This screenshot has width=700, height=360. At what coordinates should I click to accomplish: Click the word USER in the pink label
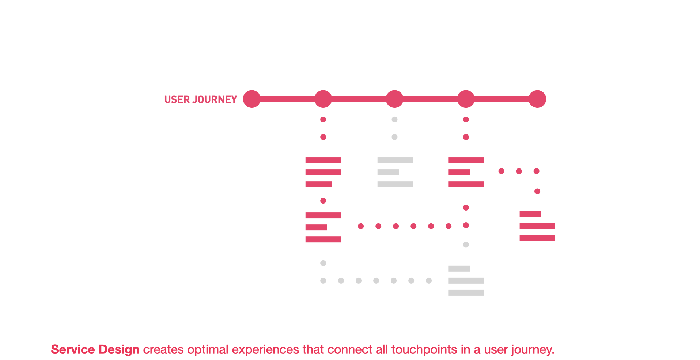tap(177, 99)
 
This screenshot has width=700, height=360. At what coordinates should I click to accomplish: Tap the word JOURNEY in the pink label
tap(215, 99)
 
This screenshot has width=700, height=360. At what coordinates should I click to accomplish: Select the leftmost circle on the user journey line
tap(252, 99)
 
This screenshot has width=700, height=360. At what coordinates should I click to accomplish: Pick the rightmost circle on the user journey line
tap(537, 99)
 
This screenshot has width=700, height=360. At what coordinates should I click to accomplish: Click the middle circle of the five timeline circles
tap(394, 99)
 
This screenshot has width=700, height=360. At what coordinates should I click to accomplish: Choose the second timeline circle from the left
tap(323, 99)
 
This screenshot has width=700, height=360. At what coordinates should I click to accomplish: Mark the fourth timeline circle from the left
tap(466, 99)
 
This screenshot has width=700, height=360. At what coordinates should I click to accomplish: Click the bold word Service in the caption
tap(73, 349)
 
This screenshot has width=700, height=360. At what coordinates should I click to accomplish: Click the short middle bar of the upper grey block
tap(388, 172)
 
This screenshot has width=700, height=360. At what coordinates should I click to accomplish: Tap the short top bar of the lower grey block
tap(459, 269)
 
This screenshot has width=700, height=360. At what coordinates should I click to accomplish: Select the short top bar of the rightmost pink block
tap(530, 214)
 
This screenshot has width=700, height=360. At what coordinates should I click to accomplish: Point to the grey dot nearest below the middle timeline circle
tap(394, 120)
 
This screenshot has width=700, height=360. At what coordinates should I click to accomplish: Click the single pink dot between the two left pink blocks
tap(323, 201)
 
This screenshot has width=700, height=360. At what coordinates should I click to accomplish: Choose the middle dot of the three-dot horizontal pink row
tap(519, 171)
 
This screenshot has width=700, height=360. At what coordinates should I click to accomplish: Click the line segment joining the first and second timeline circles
tap(288, 99)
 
